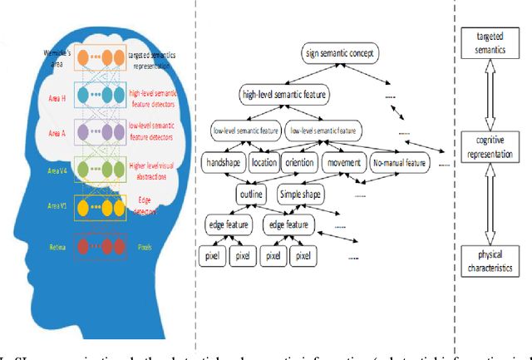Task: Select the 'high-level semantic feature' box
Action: click(282, 96)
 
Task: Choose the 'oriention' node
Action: click(300, 164)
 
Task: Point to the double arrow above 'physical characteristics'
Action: click(494, 208)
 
